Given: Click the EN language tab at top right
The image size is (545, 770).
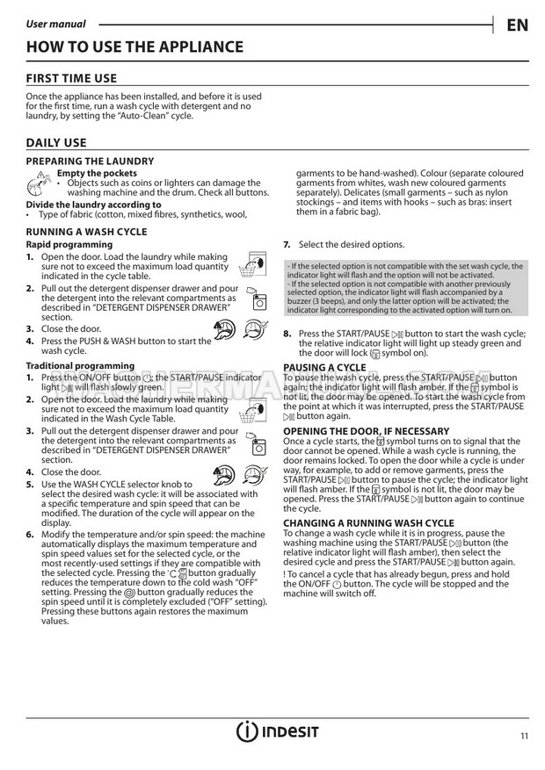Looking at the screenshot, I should click(x=517, y=24).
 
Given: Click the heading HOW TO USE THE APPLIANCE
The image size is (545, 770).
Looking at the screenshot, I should click(x=134, y=47).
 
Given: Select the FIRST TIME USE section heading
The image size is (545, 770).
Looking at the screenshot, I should click(x=71, y=78).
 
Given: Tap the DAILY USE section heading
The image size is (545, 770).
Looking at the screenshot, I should click(x=56, y=142).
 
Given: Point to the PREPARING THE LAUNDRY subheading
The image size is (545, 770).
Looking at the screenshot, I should click(x=90, y=162).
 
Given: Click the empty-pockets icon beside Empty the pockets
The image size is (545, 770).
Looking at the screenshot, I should click(x=39, y=183).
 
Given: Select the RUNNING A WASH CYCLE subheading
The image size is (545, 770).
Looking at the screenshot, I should click(x=86, y=232).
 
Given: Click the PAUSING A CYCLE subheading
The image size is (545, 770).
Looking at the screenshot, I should click(x=324, y=367).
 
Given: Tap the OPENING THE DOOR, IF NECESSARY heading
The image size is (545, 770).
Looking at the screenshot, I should click(x=366, y=431).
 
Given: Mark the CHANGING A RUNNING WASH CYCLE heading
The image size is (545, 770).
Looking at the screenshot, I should click(x=368, y=523).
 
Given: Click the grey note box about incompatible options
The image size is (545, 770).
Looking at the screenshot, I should click(x=405, y=288).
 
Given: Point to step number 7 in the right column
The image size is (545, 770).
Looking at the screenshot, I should click(x=287, y=244).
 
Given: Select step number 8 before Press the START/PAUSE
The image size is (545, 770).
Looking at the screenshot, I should click(x=287, y=334).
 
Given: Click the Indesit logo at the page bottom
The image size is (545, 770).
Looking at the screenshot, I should click(x=276, y=733).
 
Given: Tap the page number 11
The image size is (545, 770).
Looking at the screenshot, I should click(x=524, y=736).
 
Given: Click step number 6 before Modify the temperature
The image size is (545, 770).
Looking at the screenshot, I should click(x=30, y=534).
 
